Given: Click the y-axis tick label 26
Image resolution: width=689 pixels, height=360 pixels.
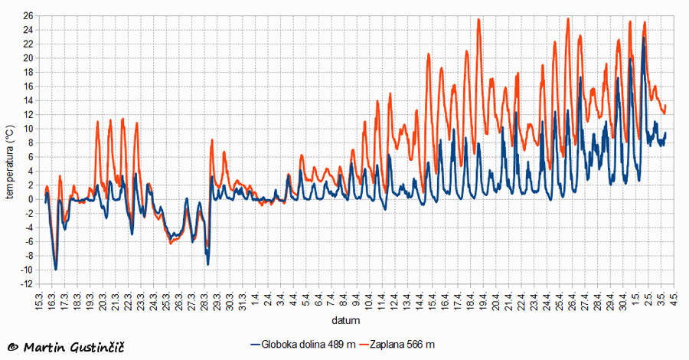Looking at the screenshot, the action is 28,16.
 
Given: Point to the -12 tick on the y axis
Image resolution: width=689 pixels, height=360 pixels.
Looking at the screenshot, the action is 26,284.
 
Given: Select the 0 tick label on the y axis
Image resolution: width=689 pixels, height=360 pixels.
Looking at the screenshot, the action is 30,199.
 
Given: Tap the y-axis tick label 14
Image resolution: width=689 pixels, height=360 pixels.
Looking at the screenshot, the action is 28,100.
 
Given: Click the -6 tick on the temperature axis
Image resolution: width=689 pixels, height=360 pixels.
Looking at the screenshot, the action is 28,242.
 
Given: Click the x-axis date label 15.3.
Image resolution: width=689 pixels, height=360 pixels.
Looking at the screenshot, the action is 39,301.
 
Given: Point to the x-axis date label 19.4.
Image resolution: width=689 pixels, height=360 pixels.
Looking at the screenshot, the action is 485,301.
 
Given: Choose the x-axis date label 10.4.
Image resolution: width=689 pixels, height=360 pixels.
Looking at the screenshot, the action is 370,301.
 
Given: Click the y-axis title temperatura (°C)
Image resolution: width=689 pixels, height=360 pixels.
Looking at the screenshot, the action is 10,162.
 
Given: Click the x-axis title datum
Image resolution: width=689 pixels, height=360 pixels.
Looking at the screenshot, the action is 346,320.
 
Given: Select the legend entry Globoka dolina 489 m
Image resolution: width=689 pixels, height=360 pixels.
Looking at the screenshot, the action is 303,345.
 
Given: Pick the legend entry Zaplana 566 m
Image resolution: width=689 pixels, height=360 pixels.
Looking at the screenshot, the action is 397,345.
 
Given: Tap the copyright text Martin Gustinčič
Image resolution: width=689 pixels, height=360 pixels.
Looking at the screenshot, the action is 67,348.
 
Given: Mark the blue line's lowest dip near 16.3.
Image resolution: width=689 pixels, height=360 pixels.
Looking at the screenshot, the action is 55,270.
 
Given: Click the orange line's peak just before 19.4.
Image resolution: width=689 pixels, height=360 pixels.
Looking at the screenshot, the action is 478,19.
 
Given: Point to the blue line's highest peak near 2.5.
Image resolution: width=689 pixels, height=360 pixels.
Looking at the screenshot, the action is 644,38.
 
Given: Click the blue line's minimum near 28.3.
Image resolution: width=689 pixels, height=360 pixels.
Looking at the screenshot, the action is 207,264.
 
